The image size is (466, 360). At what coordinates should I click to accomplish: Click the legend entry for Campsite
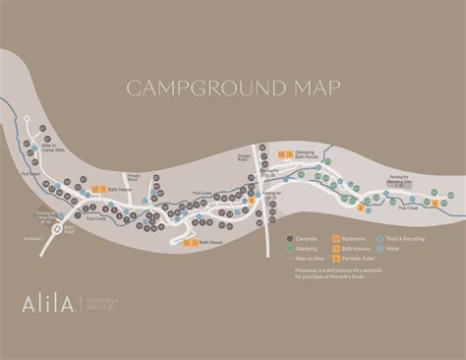pyautogui.click(x=301, y=239)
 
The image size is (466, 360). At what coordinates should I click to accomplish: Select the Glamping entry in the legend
pyautogui.click(x=302, y=249)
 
